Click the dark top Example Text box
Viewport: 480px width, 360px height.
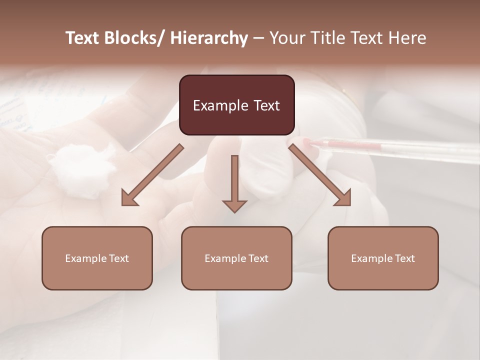[x=237, y=105]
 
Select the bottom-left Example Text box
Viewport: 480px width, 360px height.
[x=97, y=258]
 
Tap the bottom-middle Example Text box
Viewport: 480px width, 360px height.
[x=236, y=258]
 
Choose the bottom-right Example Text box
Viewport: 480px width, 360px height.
[x=383, y=258]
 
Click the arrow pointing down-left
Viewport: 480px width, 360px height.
[x=152, y=175]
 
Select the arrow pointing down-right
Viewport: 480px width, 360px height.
[x=320, y=175]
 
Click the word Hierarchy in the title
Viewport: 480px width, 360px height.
[x=208, y=38]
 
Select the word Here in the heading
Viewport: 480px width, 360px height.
[x=408, y=38]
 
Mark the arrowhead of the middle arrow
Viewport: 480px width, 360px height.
[x=234, y=205]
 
